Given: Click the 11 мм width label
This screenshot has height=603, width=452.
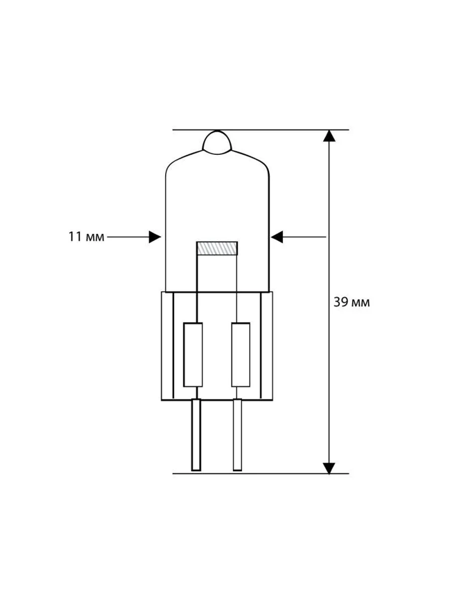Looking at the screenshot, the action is (86, 237).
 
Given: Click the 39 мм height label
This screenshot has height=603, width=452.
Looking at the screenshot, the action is (352, 303).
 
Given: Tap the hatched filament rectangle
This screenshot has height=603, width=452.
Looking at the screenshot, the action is (217, 248).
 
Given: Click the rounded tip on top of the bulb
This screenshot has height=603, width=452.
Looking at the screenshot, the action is (217, 142).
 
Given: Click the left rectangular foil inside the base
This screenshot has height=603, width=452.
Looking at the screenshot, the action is (193, 355).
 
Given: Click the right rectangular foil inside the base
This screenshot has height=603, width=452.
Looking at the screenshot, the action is (241, 355).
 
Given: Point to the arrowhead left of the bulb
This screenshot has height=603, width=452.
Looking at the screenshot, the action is (155, 237).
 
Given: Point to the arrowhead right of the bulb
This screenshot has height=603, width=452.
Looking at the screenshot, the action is (277, 237).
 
